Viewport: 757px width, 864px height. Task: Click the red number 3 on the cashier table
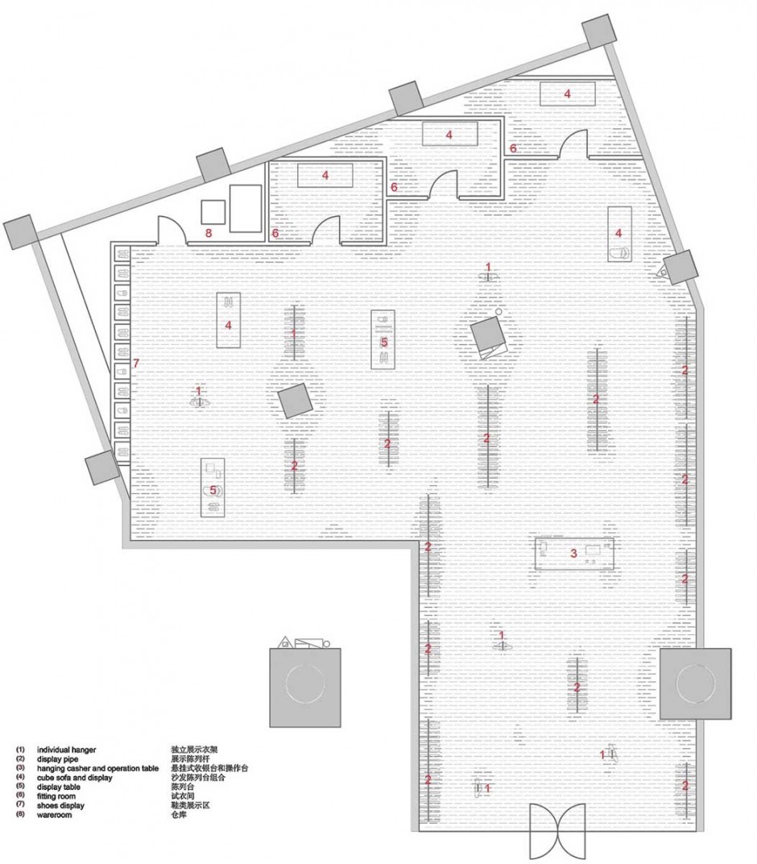coord(573,553)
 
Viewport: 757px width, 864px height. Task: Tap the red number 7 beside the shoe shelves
coord(136,363)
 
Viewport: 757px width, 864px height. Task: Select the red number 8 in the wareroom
coord(208,233)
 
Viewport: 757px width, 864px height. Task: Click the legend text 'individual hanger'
coord(66,750)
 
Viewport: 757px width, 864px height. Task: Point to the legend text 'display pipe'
coord(57,759)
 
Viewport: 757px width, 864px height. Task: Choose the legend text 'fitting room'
coord(56,796)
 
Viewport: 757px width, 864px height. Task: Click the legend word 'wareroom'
coord(54,815)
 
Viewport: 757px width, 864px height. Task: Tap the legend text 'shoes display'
coord(60,806)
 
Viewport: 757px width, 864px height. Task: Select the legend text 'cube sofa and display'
coord(74,778)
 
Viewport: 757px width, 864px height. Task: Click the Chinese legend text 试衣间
coord(183,796)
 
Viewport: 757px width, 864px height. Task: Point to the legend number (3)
coord(20,768)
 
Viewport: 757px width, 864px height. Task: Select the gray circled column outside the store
coord(305,687)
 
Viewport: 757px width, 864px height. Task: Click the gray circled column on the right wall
coord(695,683)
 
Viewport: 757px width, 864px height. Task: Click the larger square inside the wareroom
coord(246,209)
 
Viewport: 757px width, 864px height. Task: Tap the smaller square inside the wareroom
coord(213,213)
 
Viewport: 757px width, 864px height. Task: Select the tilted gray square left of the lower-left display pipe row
coord(295,401)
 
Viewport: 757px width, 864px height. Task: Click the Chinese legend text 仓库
coord(179,815)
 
